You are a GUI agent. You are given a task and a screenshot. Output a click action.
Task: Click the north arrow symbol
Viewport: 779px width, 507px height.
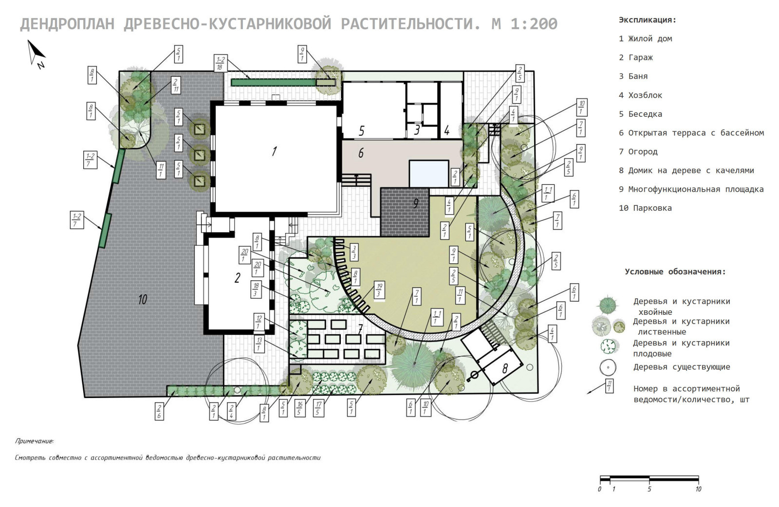37,53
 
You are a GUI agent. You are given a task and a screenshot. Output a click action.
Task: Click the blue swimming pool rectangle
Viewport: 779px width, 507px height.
429,173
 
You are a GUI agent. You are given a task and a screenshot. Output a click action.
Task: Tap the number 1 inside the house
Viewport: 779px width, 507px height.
275,151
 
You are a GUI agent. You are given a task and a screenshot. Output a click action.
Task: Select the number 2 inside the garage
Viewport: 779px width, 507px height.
237,278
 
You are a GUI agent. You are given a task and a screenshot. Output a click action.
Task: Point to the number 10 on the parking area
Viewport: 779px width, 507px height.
143,299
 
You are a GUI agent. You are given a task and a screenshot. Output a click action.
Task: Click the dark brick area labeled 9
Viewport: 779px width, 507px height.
405,212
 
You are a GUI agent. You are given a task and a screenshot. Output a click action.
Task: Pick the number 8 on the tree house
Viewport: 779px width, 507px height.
505,369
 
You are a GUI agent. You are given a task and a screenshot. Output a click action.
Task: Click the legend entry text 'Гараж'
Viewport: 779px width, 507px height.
641,57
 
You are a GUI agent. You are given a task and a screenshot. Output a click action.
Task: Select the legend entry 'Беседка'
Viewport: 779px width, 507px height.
645,114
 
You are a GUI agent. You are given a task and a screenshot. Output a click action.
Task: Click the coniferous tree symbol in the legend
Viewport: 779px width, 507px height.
608,305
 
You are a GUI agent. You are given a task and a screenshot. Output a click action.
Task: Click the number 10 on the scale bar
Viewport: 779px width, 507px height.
698,489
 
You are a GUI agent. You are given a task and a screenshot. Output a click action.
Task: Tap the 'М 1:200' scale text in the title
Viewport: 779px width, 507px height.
524,24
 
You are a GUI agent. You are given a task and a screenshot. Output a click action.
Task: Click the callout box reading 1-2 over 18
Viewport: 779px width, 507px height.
220,63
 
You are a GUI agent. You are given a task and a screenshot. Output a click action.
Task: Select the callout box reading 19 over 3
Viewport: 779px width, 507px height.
379,290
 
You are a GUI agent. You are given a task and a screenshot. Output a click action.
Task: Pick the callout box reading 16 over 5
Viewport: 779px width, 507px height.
299,408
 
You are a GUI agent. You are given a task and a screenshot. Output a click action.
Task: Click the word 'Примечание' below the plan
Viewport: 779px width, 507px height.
34,441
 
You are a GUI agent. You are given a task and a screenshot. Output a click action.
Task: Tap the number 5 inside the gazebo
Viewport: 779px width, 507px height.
362,131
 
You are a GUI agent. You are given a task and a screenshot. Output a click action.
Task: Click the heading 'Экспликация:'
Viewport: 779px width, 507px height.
647,20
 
